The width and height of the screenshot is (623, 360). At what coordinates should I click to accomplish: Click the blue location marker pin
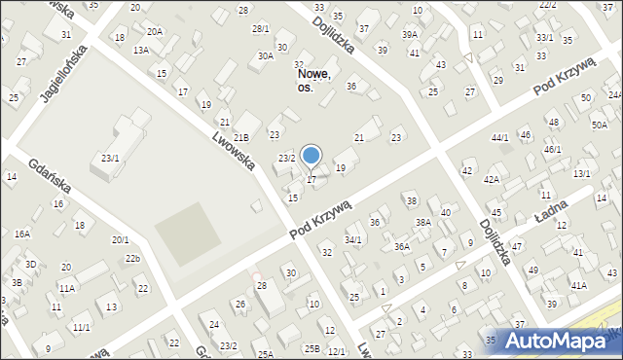click(311, 156)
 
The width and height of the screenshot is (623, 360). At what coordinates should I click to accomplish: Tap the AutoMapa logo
click(554, 341)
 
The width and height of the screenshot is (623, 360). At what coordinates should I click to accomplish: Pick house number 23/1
click(110, 158)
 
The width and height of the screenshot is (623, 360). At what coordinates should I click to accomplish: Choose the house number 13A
click(142, 50)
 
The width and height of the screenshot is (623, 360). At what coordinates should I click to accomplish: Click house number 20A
click(156, 31)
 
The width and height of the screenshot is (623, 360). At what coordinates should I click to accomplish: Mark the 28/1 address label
click(260, 28)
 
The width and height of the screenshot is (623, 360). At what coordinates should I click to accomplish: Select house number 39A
click(410, 34)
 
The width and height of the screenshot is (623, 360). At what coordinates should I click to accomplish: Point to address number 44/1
click(500, 138)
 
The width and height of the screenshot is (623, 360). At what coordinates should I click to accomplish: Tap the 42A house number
click(492, 180)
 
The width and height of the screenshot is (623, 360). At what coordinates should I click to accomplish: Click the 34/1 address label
click(352, 239)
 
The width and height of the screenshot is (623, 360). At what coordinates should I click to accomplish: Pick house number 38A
click(423, 222)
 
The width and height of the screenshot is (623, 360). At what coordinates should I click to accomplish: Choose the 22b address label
click(132, 258)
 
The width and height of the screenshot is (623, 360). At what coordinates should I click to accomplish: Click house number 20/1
click(120, 239)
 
